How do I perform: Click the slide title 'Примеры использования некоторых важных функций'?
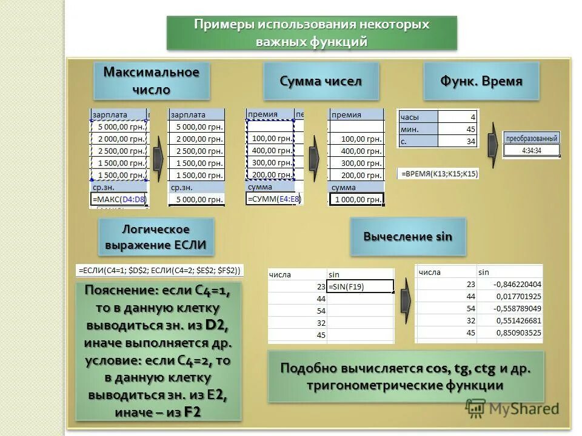tap(311, 33)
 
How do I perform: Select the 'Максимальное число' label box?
tap(151, 81)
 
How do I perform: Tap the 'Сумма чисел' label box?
tap(321, 81)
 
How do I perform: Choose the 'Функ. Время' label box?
tap(481, 81)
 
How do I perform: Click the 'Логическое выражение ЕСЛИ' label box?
tap(156, 237)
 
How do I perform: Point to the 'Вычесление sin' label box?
tap(407, 237)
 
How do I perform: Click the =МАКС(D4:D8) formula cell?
tap(119, 199)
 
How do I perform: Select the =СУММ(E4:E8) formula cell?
tap(274, 199)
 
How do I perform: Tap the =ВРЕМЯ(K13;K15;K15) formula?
tap(438, 174)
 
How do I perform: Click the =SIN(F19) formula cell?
tap(360, 286)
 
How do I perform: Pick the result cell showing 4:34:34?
tap(531, 151)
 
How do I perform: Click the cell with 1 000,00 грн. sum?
tap(356, 200)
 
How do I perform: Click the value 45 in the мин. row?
tap(457, 129)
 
